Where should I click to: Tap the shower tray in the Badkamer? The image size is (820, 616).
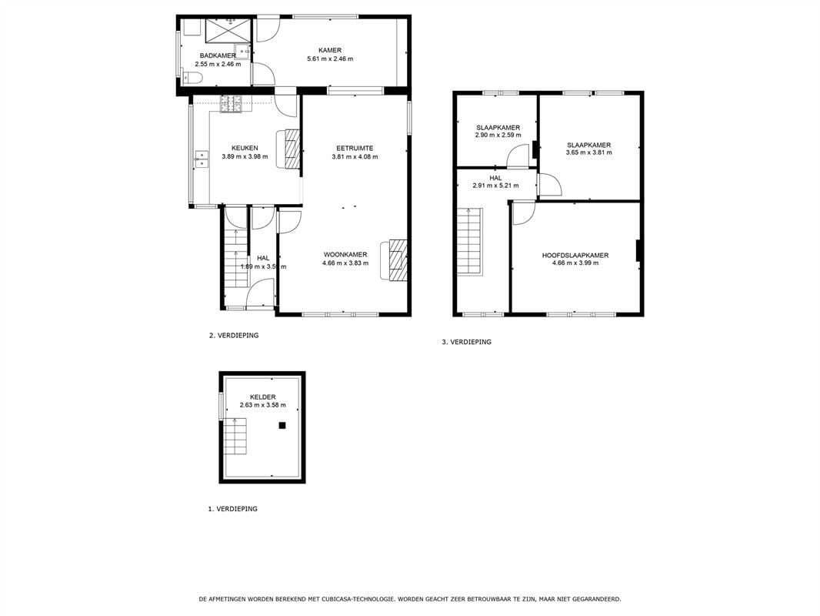pos(228,28)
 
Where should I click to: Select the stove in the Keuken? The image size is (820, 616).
pos(232,104)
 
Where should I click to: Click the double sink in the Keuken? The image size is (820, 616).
pos(202,159)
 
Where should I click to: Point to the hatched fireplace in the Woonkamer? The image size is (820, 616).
pos(398,260)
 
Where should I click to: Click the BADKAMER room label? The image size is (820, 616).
pos(218,55)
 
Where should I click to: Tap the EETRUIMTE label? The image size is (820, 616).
pos(355,148)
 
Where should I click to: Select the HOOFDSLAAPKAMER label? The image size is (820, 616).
pos(575,256)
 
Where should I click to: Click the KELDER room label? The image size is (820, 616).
pos(262,397)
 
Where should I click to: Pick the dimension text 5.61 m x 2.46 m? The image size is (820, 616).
pos(330,59)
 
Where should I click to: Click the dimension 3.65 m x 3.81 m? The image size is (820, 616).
pos(589,152)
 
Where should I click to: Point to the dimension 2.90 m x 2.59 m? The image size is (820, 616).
pos(498,135)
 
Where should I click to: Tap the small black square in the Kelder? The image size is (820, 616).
pos(282,426)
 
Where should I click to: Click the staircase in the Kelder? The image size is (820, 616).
pos(236,439)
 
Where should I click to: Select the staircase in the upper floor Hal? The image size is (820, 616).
pos(470,241)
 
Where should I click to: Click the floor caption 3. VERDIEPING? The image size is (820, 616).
pos(467,342)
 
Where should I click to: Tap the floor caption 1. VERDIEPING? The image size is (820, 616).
pos(233,509)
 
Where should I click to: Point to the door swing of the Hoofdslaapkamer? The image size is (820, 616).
pos(524,213)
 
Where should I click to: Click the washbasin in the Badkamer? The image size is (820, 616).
pos(242,52)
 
